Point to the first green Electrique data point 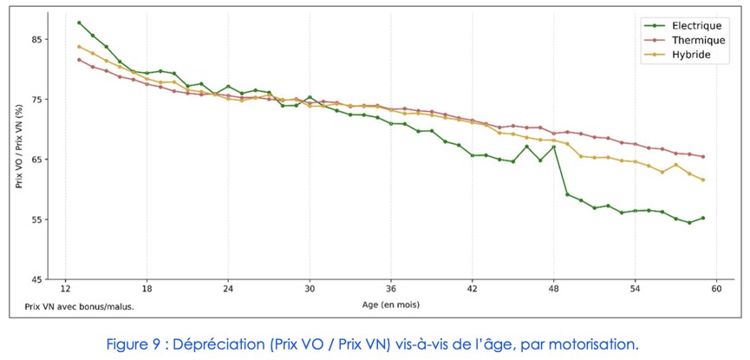[79, 23]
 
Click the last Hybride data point [703, 180]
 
